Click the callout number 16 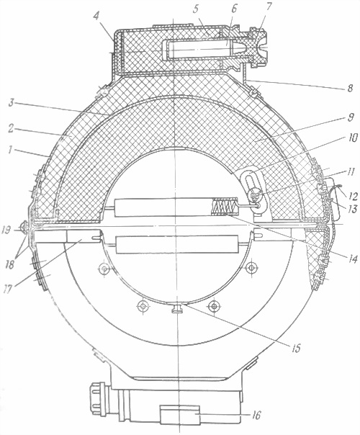[256, 416]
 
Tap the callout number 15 [296, 349]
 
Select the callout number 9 [351, 117]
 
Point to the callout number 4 [96, 17]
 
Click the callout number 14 [352, 138]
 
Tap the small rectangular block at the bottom [180, 414]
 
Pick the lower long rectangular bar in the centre [177, 244]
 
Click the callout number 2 [10, 130]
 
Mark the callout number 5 [196, 9]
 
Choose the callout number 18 [9, 265]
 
